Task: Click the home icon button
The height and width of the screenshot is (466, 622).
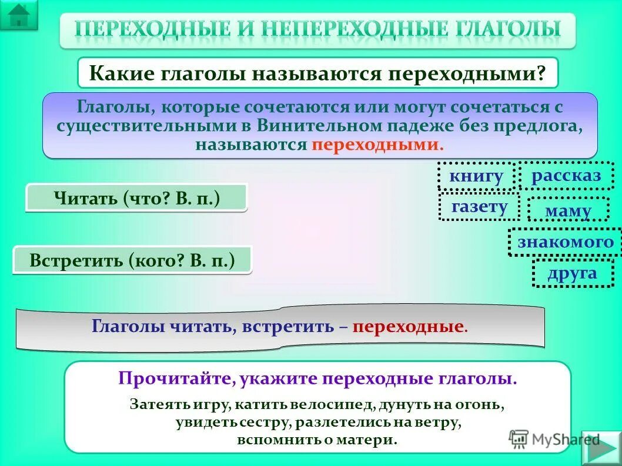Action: coord(19,15)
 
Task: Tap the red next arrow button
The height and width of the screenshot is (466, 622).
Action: coord(601,448)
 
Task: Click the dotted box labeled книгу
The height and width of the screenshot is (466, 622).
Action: coord(476,176)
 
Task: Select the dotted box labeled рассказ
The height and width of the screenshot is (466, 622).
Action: coord(566,175)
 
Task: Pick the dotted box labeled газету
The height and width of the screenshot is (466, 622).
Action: coord(479,206)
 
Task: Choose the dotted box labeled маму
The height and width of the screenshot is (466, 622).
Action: coord(567,210)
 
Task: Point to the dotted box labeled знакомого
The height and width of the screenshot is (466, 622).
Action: coord(565,242)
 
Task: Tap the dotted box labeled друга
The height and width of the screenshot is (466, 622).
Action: coord(572,273)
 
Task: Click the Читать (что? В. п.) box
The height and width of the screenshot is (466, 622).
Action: coord(136,198)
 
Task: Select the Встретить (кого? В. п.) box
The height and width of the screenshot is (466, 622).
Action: coord(132,260)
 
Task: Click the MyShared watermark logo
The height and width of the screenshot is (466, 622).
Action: coord(555,438)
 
